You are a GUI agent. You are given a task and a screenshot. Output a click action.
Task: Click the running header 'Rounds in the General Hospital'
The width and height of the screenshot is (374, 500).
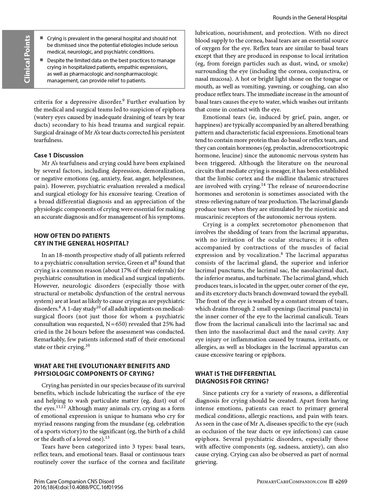tap(310, 18)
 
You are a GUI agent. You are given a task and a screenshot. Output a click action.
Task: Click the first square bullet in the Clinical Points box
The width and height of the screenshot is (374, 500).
tap(41, 38)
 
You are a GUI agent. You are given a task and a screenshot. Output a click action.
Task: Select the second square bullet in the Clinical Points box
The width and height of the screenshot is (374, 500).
tap(41, 60)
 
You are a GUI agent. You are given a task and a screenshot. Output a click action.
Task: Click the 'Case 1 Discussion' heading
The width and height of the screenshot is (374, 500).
tap(58, 155)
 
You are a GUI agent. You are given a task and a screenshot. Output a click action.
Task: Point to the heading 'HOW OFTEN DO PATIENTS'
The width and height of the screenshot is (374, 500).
tap(72, 236)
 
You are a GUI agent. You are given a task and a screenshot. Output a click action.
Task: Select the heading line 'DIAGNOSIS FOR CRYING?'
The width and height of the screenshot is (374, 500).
tap(232, 381)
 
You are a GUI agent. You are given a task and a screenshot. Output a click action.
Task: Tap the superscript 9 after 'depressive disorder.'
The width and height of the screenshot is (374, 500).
tap(123, 100)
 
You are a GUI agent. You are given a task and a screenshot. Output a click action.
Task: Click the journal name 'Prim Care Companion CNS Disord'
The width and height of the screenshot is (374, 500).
tap(74, 481)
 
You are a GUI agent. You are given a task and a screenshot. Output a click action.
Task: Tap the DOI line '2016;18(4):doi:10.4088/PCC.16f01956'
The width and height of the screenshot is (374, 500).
tap(78, 487)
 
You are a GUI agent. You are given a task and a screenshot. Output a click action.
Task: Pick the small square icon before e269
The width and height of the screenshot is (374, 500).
tap(331, 481)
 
